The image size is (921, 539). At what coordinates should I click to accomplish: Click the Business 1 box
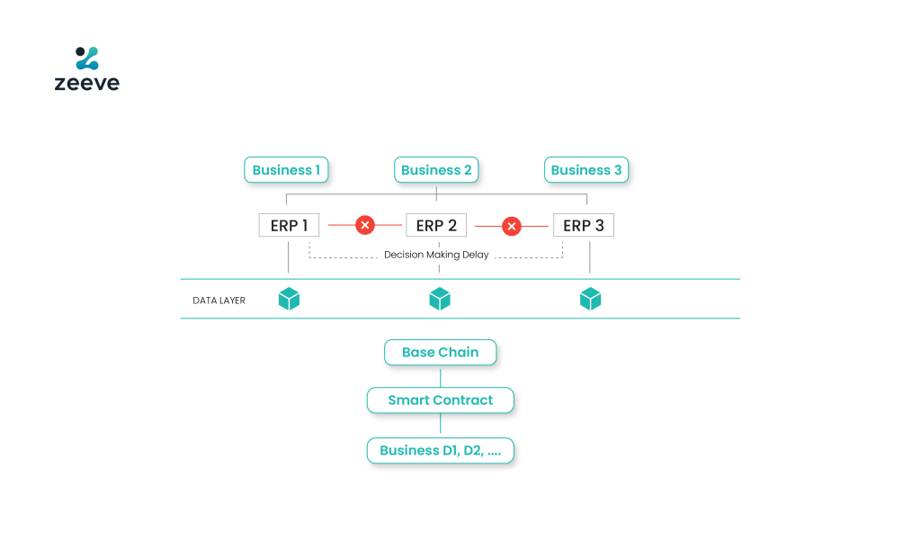click(x=286, y=170)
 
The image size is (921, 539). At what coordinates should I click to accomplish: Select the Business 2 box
click(x=436, y=170)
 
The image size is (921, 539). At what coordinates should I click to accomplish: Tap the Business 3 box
click(x=586, y=170)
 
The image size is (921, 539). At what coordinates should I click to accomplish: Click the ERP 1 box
click(x=289, y=225)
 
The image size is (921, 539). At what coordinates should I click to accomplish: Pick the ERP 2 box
click(x=436, y=225)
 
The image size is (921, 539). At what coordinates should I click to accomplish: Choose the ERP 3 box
click(x=584, y=225)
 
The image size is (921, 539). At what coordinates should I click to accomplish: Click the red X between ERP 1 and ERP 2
click(x=365, y=225)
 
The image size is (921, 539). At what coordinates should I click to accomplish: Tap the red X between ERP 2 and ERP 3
click(x=512, y=226)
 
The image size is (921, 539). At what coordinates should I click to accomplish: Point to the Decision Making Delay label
click(x=436, y=255)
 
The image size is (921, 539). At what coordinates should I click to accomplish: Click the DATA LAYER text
click(x=219, y=301)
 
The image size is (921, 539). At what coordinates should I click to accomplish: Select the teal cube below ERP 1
click(x=289, y=299)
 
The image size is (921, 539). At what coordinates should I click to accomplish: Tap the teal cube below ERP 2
click(x=440, y=299)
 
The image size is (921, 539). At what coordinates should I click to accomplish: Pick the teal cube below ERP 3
click(x=590, y=299)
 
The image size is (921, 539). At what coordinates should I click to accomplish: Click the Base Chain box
click(x=441, y=352)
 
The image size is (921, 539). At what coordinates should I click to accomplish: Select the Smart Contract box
click(x=441, y=400)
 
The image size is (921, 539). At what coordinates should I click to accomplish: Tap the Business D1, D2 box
click(x=441, y=451)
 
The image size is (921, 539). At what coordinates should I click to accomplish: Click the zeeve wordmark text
click(x=87, y=83)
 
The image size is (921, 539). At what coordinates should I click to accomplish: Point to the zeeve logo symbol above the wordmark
click(x=87, y=58)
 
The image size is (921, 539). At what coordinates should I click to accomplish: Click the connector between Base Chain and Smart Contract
click(x=441, y=376)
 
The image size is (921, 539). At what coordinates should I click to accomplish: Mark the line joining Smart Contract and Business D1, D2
click(x=441, y=425)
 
